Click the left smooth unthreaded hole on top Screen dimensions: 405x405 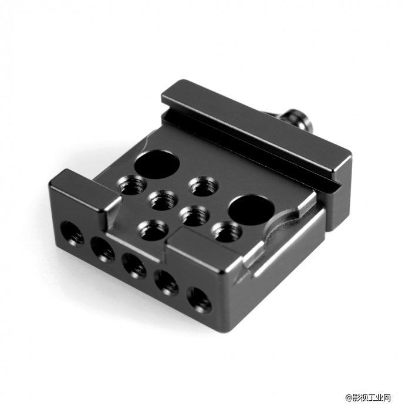pyautogui.click(x=157, y=164)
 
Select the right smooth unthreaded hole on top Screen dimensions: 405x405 pyautogui.click(x=252, y=208)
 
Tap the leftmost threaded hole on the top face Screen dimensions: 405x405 pyautogui.click(x=131, y=185)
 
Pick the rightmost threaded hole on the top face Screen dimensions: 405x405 pyautogui.click(x=227, y=232)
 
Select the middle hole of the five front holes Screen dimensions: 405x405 pyautogui.click(x=134, y=266)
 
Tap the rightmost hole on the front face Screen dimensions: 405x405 pyautogui.click(x=199, y=299)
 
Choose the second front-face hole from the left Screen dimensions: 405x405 pyautogui.click(x=103, y=249)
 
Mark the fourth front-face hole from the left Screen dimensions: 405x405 pyautogui.click(x=167, y=282)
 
